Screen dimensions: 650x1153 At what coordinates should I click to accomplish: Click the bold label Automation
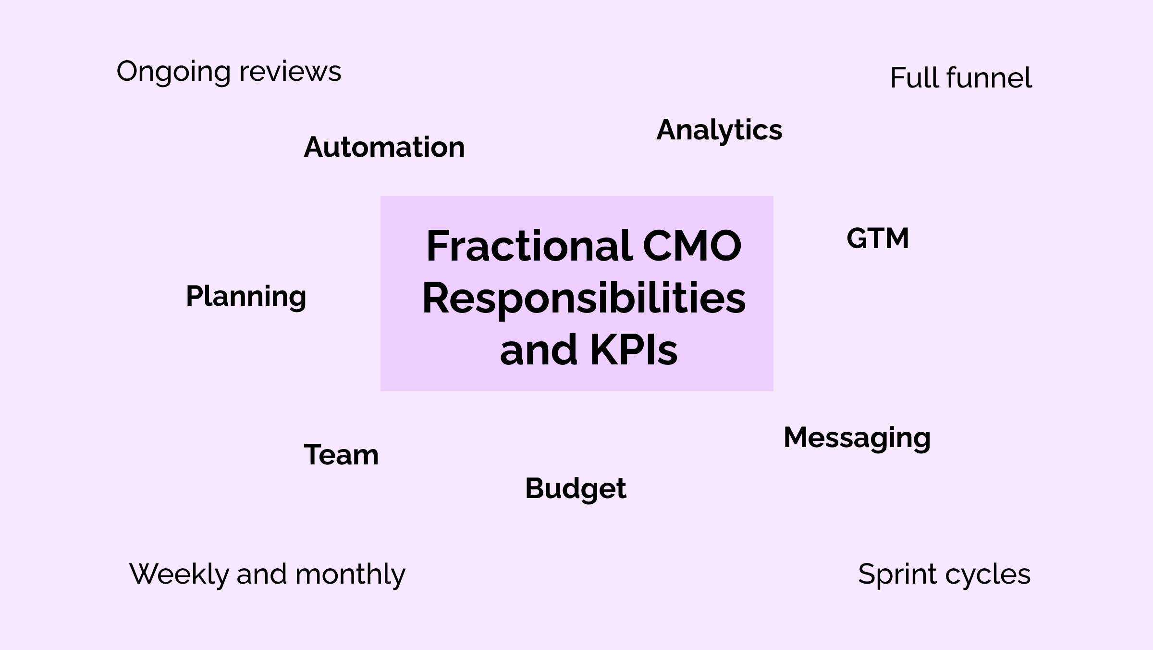click(384, 147)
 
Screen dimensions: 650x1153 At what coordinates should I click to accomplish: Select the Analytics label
click(719, 130)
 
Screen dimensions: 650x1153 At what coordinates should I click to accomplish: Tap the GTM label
click(878, 238)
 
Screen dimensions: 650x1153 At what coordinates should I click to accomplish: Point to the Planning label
click(246, 296)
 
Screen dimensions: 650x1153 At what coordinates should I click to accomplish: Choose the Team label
click(341, 455)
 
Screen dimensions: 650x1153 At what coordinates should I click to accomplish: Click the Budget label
click(576, 489)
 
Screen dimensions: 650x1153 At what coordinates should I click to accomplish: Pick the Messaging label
click(857, 438)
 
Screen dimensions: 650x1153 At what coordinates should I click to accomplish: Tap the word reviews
click(290, 72)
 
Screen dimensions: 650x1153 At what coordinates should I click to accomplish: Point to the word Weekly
click(179, 575)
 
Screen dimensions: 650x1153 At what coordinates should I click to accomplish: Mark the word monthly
click(350, 575)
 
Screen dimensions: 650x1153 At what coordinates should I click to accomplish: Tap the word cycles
click(987, 575)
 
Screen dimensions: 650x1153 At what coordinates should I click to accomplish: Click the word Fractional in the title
click(529, 246)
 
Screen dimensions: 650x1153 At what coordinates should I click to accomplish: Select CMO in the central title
click(692, 246)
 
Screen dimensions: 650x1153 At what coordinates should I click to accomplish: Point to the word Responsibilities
click(584, 299)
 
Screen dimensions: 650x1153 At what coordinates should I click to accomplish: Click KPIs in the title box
click(633, 350)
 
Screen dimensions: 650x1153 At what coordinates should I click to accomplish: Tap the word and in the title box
click(539, 350)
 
